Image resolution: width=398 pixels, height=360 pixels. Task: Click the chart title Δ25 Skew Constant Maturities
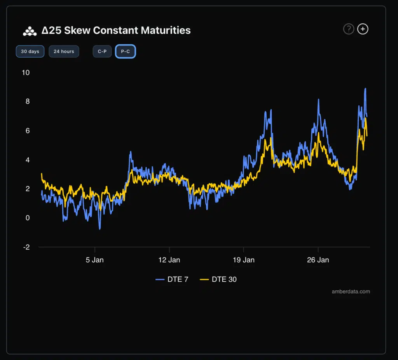(x=116, y=30)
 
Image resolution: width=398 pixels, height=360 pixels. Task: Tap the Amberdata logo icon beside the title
(x=30, y=31)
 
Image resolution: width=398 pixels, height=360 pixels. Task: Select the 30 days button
(x=30, y=51)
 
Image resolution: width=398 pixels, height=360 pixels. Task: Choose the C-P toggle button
(x=102, y=51)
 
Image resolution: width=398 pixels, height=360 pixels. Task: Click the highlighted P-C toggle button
(x=125, y=51)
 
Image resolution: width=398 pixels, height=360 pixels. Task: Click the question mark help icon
(x=349, y=29)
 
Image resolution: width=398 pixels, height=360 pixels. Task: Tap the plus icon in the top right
(x=363, y=29)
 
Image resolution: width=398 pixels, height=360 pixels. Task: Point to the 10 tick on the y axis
(x=26, y=73)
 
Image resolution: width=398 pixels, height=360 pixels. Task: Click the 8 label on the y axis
(x=28, y=101)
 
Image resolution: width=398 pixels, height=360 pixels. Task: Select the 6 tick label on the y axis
(x=28, y=131)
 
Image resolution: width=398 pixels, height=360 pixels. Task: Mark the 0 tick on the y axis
(x=28, y=218)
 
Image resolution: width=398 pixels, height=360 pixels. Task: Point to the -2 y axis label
(x=26, y=247)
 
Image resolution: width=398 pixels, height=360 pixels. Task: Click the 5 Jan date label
(x=95, y=260)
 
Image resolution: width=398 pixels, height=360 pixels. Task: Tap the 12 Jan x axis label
(x=169, y=260)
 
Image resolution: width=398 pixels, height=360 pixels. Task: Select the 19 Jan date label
(x=244, y=260)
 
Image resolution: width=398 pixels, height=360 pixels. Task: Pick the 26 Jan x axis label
(x=318, y=260)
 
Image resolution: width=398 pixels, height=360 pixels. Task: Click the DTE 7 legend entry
(x=172, y=279)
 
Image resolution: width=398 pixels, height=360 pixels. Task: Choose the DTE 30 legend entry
(x=218, y=279)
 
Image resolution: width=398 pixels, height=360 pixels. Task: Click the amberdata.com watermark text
(x=351, y=291)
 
